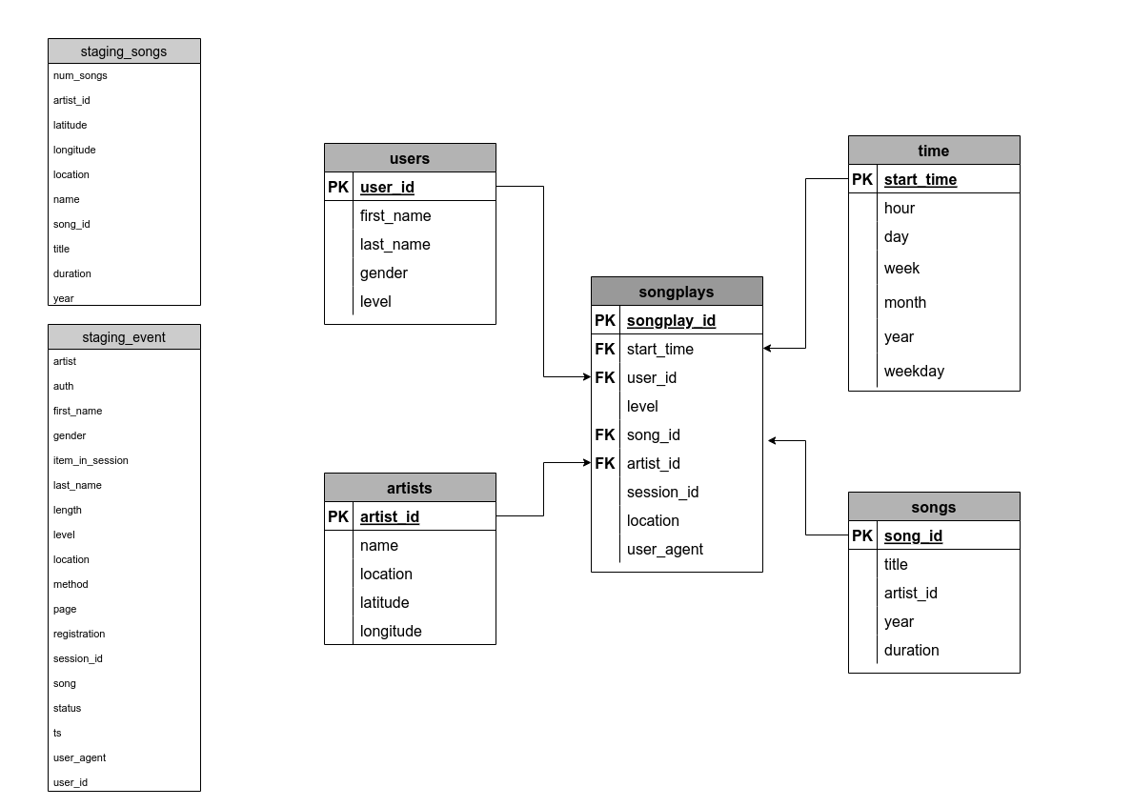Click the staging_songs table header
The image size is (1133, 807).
tap(124, 51)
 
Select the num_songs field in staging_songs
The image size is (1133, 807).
tap(80, 75)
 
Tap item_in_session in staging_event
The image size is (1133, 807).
tap(91, 460)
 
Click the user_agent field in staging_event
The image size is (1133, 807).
tap(79, 757)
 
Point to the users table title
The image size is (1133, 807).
tap(410, 158)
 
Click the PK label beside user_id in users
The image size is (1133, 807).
tap(338, 187)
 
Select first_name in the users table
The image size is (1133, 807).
tap(395, 215)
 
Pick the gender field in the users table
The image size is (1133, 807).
tap(384, 272)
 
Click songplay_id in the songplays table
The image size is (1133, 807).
tap(671, 320)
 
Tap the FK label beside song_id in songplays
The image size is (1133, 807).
tap(605, 434)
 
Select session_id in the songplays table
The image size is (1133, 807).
tap(662, 492)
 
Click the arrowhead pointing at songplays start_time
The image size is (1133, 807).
tap(768, 349)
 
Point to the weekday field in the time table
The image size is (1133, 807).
tap(914, 371)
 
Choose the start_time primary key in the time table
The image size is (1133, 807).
tap(921, 179)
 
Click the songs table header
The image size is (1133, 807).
tap(934, 507)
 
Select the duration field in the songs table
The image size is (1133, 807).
tap(912, 650)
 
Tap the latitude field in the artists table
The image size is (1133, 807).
tap(385, 602)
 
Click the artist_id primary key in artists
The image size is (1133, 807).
tap(390, 516)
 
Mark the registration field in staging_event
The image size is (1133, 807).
tap(79, 634)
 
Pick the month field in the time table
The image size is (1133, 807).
tap(905, 302)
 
